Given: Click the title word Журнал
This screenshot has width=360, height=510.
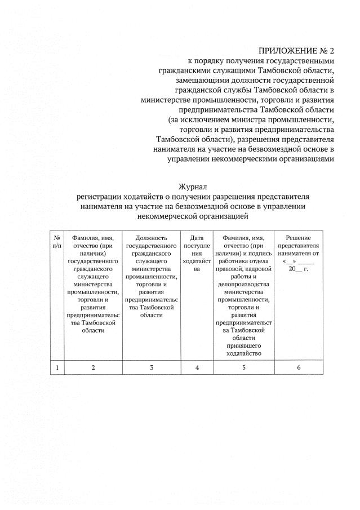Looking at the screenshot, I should click(193, 187).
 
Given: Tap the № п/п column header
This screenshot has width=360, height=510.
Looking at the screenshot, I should click(57, 242).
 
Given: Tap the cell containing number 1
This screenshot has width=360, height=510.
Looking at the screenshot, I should click(57, 367).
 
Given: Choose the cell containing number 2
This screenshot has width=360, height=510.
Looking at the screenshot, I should click(94, 367).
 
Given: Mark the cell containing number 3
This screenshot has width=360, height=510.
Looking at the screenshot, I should click(152, 367).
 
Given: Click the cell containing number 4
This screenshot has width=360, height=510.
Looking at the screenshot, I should click(197, 367).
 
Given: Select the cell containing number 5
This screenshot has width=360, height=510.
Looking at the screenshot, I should click(243, 367).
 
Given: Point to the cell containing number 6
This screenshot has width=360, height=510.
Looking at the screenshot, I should click(299, 367).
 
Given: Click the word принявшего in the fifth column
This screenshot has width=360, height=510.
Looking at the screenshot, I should click(243, 345).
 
